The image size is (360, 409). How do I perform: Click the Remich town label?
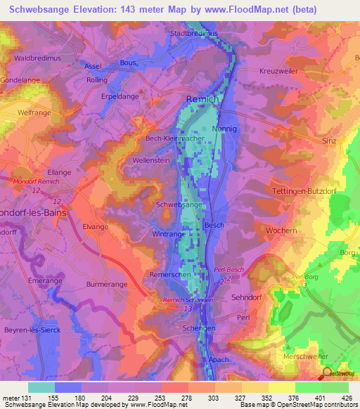tap(202, 100)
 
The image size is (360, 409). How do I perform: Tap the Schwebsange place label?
tap(180, 204)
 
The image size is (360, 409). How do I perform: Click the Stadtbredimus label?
tap(194, 33)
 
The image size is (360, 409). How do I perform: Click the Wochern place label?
tap(280, 230)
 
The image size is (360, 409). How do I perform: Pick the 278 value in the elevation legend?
tap(186, 397)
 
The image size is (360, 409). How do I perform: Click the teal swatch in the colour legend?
tap(41, 387)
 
